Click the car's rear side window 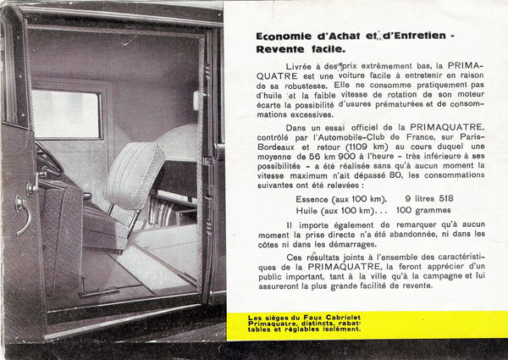65,114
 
